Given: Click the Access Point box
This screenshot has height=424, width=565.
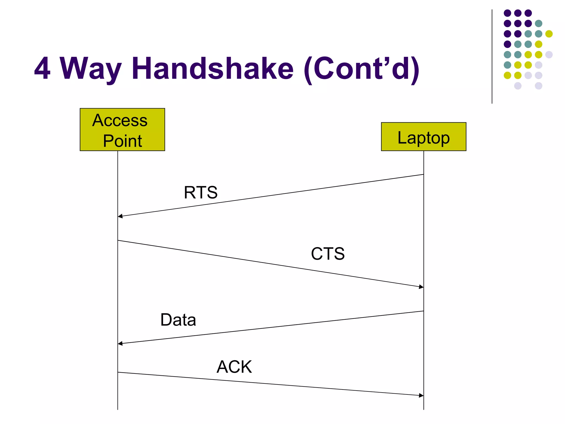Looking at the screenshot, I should [122, 129].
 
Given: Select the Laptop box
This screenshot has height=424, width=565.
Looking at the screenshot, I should [423, 137].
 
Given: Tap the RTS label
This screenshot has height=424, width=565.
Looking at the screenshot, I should [201, 192].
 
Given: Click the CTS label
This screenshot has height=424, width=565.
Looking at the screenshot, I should [328, 253].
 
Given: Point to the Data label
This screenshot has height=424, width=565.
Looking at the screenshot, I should [178, 320].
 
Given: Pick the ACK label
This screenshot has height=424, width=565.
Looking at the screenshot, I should [234, 367].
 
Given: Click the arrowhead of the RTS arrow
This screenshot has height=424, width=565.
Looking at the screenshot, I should [120, 216].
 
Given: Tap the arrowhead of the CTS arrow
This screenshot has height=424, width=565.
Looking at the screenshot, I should [421, 287].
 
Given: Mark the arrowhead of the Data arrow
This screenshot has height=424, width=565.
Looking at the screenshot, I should [120, 343].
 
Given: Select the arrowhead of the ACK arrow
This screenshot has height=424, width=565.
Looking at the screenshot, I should [421, 395].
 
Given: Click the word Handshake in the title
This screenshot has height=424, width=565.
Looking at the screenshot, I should [213, 68].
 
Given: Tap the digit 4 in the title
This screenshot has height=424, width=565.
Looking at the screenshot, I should [42, 68].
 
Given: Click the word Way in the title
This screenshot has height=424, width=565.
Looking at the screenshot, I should [91, 69].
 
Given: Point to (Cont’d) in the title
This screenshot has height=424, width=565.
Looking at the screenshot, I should [362, 69].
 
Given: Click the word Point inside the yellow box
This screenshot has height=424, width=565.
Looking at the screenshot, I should [122, 141].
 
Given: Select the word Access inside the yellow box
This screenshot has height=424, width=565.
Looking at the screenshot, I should [120, 120].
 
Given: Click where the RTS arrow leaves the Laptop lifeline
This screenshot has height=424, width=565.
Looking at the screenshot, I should [423, 174].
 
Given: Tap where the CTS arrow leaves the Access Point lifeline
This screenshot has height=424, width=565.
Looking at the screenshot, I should [118, 240].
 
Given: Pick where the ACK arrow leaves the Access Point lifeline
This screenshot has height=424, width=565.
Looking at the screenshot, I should [118, 372].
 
